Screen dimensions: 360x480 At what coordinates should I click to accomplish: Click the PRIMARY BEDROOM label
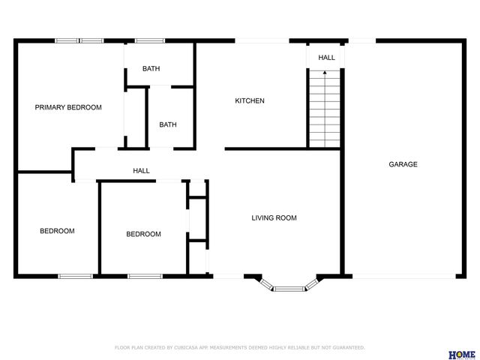click(68, 107)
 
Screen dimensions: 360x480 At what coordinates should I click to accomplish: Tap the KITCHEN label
click(250, 100)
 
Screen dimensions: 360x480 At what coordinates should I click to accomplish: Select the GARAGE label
click(403, 164)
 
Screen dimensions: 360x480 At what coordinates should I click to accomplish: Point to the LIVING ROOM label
click(274, 218)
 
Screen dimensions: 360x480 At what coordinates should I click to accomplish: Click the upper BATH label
click(151, 69)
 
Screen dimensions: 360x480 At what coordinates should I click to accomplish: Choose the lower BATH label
click(167, 124)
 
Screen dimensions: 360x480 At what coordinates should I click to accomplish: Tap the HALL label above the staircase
click(326, 58)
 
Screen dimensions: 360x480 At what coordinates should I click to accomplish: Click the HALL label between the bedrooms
click(141, 171)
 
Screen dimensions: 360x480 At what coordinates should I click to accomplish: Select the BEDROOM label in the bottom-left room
click(57, 231)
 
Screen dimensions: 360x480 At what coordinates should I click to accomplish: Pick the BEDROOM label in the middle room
click(143, 234)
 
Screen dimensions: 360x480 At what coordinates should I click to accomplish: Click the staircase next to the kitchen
click(325, 109)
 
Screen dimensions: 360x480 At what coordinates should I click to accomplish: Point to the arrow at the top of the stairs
click(325, 73)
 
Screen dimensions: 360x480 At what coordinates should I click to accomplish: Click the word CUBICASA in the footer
click(184, 347)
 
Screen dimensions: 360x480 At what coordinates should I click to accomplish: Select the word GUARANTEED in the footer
click(348, 347)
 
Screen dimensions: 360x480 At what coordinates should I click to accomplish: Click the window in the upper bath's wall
click(150, 40)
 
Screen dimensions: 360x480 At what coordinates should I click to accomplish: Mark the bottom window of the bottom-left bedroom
click(75, 276)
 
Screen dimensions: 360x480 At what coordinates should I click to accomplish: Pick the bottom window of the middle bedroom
click(145, 276)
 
